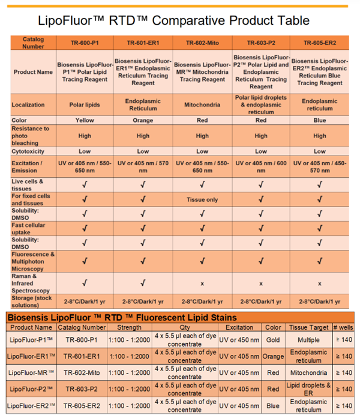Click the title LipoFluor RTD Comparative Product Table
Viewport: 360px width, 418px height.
pos(173,20)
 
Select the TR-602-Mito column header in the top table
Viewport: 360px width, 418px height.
pos(202,43)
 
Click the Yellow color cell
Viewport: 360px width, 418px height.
pos(84,120)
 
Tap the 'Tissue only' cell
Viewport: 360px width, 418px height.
pos(202,199)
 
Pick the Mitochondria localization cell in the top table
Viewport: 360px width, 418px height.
pos(202,104)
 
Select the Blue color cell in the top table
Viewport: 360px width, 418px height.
pos(320,120)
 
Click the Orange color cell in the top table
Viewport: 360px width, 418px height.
pos(143,120)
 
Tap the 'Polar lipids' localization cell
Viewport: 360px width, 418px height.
pos(84,104)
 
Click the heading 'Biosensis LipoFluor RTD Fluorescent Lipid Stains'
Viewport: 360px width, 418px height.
pos(122,317)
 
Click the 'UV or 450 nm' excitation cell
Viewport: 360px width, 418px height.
pos(239,339)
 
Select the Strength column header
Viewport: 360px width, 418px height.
pos(130,327)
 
